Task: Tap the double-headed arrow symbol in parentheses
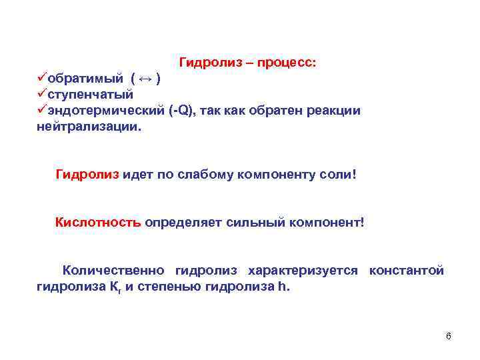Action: [x=147, y=79]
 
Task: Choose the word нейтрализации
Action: [x=89, y=126]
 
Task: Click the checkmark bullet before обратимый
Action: [x=41, y=79]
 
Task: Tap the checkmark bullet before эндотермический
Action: [x=41, y=110]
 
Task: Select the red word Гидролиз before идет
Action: [x=87, y=175]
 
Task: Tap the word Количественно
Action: [x=113, y=270]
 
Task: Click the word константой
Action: [x=406, y=270]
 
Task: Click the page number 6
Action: [x=448, y=336]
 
